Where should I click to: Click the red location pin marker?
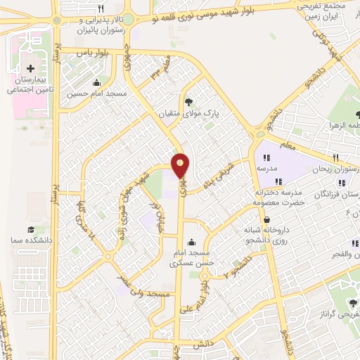coord(180,165)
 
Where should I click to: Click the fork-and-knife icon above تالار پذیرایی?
coord(102,8)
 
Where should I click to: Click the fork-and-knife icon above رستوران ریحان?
coord(336,157)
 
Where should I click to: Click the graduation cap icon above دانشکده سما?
coord(31,230)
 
